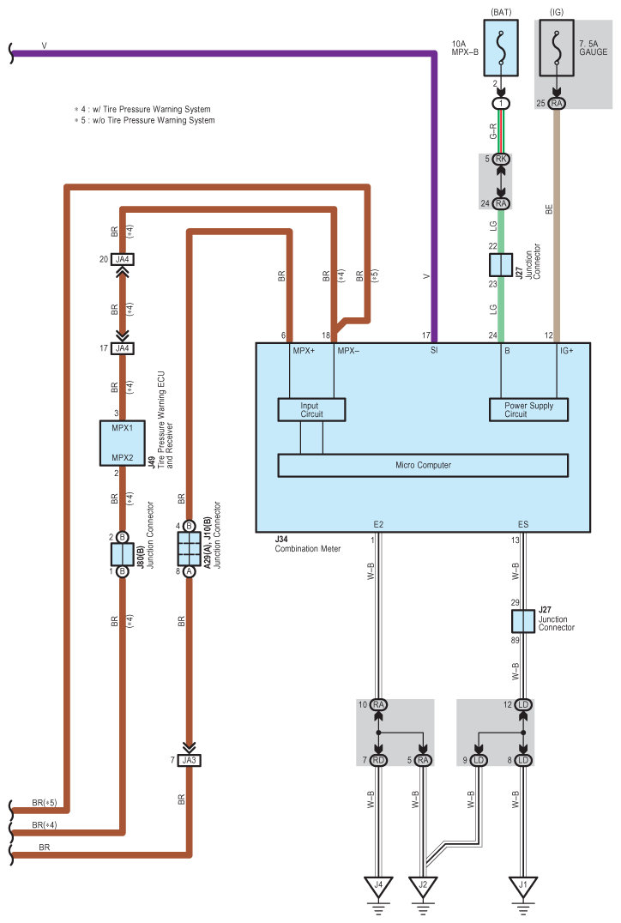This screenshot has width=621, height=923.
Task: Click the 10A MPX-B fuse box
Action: pos(501,48)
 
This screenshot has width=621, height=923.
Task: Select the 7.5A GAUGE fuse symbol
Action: pos(557,48)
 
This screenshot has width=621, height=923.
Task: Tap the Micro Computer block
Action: pos(423,465)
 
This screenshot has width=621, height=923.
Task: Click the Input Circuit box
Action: pos(311,410)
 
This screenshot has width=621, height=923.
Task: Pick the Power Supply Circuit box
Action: pos(528,410)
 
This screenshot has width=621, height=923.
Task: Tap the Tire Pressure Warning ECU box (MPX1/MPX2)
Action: pos(122,443)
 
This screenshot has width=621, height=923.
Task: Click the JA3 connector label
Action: pos(189,760)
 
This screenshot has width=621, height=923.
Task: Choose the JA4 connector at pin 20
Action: pos(123,259)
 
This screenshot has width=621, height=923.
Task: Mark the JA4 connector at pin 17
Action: pos(123,348)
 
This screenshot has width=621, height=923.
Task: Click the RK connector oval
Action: pos(501,159)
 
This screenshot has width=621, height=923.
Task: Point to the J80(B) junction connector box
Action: pos(122,554)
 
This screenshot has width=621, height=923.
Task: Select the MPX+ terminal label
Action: pos(304,351)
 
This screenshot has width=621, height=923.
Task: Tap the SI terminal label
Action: pos(434,351)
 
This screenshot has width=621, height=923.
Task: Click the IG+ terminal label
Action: pos(567,351)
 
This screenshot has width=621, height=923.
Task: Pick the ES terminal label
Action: pos(522,524)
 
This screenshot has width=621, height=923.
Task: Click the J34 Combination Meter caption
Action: pos(307,544)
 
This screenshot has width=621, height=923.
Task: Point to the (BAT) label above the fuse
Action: pos(501,12)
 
